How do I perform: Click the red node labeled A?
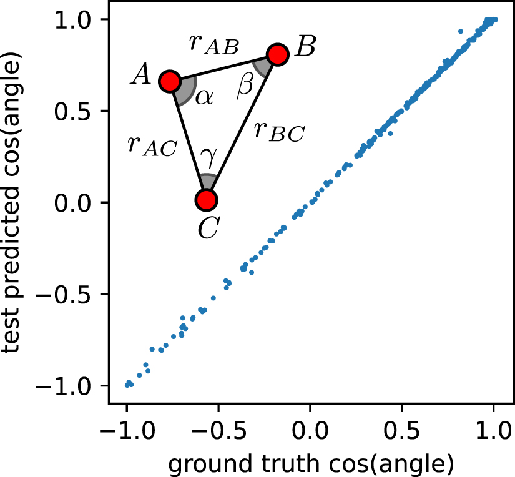pos(170,81)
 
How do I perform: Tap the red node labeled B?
pos(278,54)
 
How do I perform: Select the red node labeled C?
pos(206,200)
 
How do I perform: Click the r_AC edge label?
pos(152,145)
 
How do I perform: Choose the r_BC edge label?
pos(279,132)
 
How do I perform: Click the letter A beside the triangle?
pos(141,77)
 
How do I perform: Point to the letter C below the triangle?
pos(207,228)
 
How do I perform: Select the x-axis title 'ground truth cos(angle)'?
pos(310,463)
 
